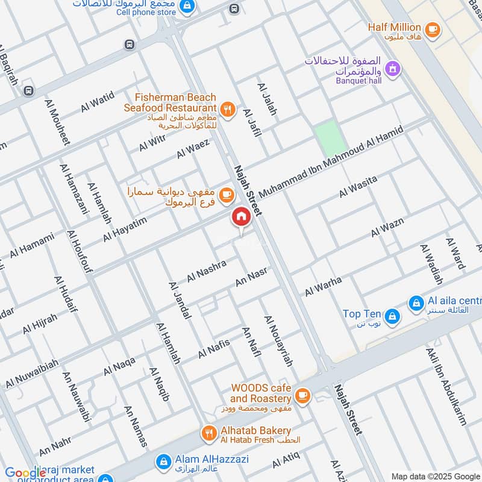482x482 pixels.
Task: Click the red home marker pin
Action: click(240, 218)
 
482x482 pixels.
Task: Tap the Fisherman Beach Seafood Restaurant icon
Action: click(227, 109)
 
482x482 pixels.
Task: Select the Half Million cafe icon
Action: click(431, 28)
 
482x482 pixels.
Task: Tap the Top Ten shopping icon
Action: click(392, 315)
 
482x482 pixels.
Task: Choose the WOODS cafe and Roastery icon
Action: click(302, 395)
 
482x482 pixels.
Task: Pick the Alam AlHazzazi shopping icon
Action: click(161, 462)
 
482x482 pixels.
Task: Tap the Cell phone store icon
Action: click(187, 6)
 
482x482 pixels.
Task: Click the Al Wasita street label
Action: click(358, 186)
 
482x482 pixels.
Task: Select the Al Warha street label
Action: click(323, 286)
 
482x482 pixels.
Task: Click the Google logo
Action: click(25, 474)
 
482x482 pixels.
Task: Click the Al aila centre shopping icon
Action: click(416, 304)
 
